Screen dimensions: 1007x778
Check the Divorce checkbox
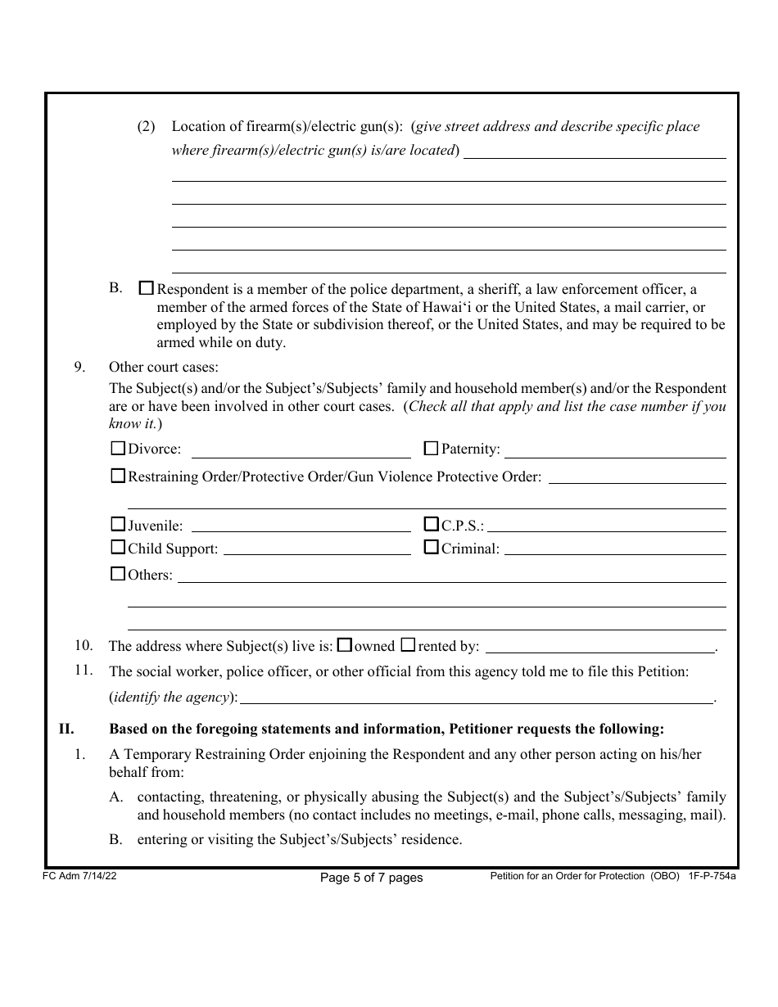118,449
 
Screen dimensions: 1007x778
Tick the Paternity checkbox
431,449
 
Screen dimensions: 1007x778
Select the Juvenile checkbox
118,525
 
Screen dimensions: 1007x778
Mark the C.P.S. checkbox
431,525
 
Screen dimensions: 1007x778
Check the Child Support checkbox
118,548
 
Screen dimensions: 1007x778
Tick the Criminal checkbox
431,548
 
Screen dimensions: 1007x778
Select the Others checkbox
118,574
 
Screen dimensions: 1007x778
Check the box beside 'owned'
345,645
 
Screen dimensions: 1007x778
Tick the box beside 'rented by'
408,645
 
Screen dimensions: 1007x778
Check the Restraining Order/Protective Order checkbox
118,476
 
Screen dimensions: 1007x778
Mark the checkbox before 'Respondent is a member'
147,289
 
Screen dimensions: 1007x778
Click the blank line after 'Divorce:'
301,452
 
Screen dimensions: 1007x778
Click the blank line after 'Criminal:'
615,550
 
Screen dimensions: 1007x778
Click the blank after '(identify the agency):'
477,699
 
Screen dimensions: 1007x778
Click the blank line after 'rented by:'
599,648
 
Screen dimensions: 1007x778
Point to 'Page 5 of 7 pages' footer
371,878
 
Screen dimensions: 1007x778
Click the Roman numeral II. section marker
66,728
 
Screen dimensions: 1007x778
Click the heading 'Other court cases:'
164,367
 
